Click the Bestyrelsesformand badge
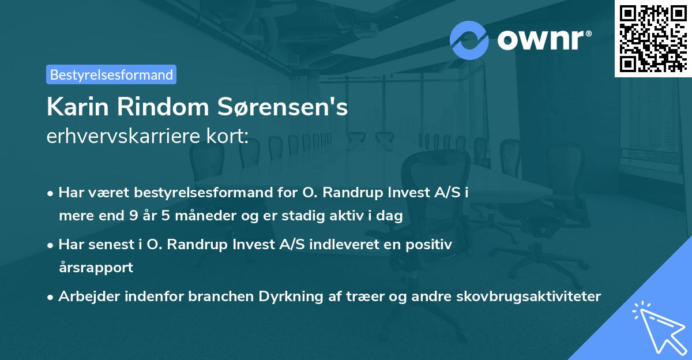[x=111, y=74]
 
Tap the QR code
[x=653, y=38]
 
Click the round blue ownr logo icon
[x=469, y=40]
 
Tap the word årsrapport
[x=96, y=267]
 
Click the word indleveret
[x=338, y=245]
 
